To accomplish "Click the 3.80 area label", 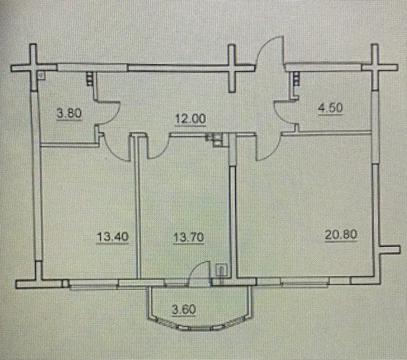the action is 69,114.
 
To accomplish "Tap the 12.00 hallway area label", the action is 191,119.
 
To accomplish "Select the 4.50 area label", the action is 331,108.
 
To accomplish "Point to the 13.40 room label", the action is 113,237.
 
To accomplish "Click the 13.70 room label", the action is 188,237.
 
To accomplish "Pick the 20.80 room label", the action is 341,235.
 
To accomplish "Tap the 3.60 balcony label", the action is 184,310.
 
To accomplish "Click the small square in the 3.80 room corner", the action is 41,76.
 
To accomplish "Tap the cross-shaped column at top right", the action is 375,67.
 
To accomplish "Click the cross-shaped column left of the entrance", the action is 231,68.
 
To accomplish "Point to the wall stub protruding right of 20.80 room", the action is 389,249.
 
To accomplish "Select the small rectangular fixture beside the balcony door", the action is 221,270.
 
